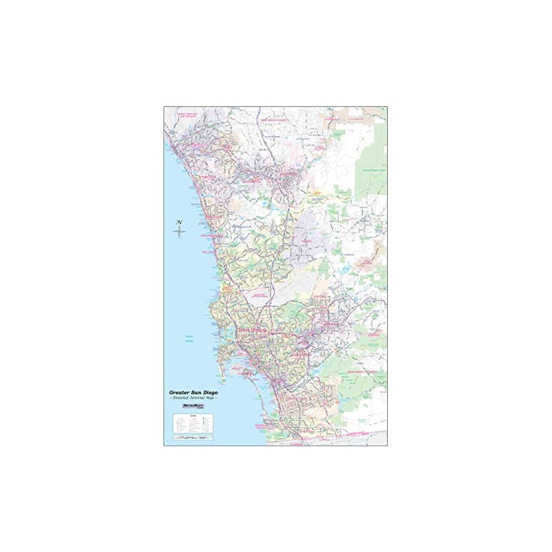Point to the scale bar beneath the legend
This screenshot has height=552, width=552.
[x=191, y=439]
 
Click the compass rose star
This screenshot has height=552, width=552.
[x=179, y=231]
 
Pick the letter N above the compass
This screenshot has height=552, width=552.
[x=179, y=221]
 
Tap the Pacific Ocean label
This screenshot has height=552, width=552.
[x=189, y=338]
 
